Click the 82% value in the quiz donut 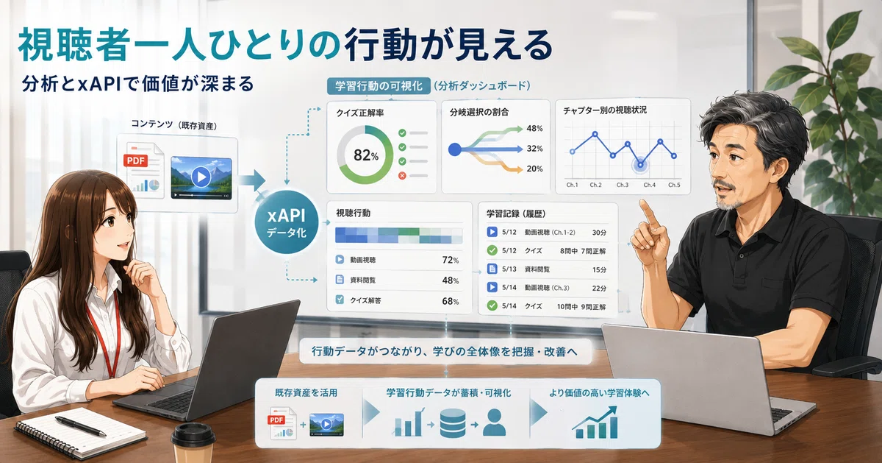point(366,155)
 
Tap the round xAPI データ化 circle point(286,222)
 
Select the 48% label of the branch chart point(534,129)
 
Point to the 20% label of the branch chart point(534,169)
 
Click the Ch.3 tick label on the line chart point(623,185)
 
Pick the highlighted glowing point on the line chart point(640,165)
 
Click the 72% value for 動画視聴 point(451,260)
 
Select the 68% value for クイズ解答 point(451,301)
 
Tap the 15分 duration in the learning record point(599,269)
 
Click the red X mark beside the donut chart point(402,175)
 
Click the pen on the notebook point(80,426)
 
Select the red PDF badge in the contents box point(135,161)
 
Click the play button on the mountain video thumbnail point(201,177)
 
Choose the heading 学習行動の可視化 point(379,86)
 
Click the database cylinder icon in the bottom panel point(453,423)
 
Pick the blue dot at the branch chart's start point(455,149)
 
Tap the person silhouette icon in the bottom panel point(494,423)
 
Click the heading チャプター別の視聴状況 point(605,110)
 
